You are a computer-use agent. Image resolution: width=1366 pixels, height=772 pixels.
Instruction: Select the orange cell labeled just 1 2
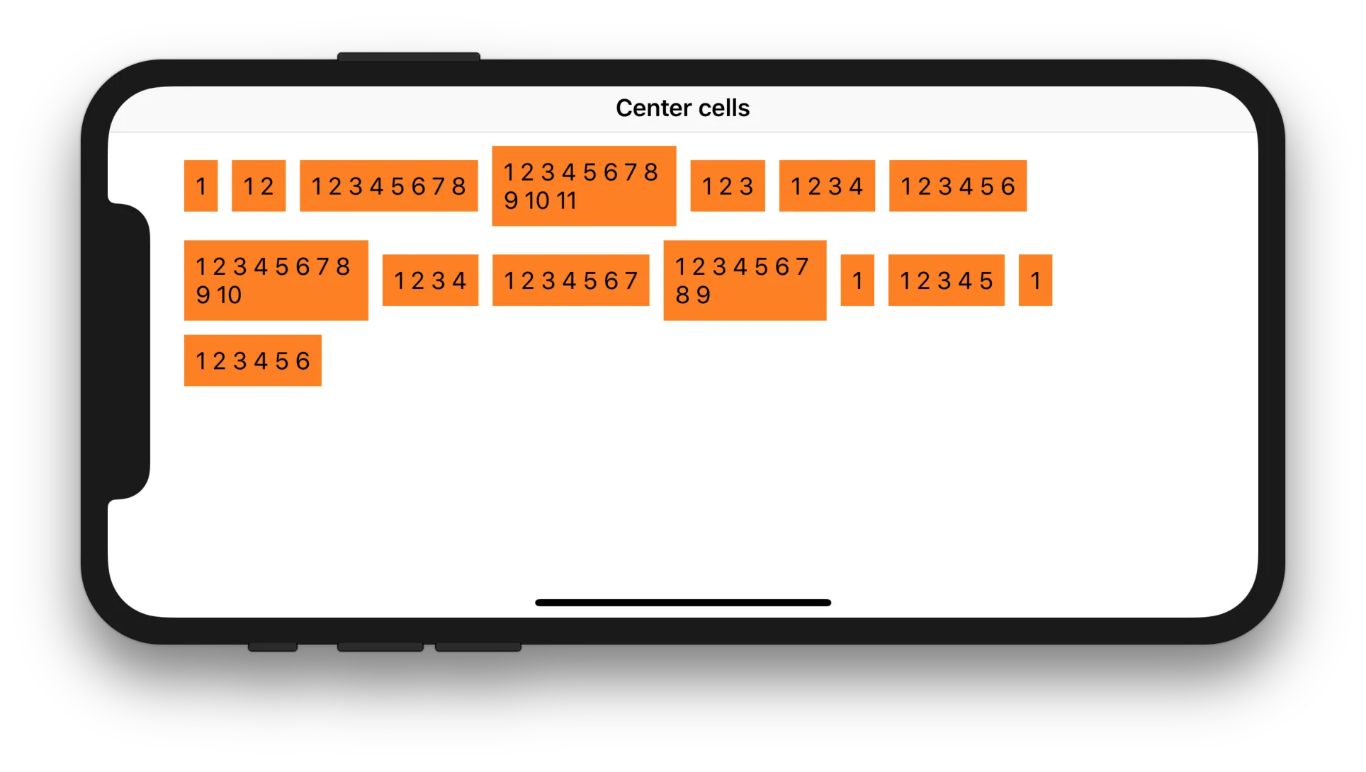(259, 186)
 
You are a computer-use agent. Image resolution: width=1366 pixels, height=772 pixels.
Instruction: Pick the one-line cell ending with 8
(388, 186)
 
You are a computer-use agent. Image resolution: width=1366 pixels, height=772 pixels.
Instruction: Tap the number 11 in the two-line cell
(566, 201)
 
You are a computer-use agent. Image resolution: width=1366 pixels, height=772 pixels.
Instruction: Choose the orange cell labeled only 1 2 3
(728, 186)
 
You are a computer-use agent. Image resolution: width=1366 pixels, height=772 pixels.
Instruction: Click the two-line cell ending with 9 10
(276, 280)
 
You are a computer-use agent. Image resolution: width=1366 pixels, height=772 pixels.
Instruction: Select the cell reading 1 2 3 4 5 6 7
(570, 280)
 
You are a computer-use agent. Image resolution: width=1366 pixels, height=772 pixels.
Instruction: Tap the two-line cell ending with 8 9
(745, 280)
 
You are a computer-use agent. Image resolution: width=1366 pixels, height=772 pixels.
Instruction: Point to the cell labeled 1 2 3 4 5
(946, 280)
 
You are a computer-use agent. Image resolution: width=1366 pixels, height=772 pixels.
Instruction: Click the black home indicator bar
(683, 603)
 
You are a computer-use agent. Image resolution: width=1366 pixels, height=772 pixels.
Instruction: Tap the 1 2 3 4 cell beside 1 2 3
(827, 186)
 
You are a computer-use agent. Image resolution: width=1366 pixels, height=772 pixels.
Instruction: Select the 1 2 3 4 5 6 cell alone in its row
(252, 361)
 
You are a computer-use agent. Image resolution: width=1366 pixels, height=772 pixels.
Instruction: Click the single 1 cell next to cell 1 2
(201, 186)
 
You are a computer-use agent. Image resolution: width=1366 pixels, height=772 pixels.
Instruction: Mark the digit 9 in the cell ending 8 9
(704, 295)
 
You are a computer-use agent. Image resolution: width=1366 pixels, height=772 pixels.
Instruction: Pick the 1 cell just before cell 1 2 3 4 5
(857, 280)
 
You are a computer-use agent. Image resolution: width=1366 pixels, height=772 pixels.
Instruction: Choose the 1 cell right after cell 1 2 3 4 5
(1035, 280)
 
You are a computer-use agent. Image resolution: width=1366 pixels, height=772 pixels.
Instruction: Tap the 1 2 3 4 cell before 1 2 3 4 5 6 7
(430, 280)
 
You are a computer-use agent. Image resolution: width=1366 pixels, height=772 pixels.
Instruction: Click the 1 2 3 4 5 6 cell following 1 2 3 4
(957, 186)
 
